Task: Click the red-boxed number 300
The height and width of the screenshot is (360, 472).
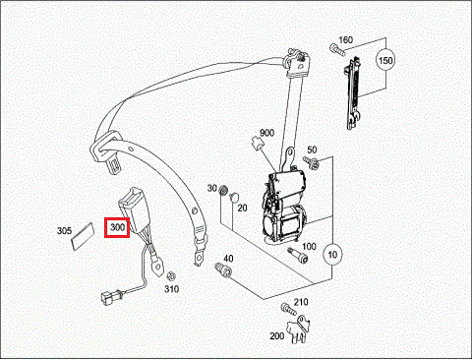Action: pos(117,227)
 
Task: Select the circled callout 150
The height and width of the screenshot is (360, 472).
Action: pos(385,60)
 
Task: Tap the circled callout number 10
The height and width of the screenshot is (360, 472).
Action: pos(332,255)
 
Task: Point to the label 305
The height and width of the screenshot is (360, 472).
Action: pos(64,231)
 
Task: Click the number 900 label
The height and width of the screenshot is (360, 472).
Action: pos(266,133)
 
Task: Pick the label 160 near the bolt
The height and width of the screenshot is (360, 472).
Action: pos(345,40)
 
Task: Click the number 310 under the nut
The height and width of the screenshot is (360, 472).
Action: pos(172,289)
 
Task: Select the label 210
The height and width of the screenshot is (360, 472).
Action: pos(301,302)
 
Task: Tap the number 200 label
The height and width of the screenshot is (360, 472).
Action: pos(277,336)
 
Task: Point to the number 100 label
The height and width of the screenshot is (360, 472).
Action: pos(309,246)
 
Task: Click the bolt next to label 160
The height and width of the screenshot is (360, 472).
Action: pos(337,50)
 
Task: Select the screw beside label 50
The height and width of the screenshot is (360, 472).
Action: pos(310,163)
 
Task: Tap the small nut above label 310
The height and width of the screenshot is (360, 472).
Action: pos(170,276)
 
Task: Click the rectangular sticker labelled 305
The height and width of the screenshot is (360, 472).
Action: pos(83,237)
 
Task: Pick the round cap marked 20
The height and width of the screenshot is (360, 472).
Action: pos(234,197)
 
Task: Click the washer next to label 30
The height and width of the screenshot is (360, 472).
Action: pos(223,191)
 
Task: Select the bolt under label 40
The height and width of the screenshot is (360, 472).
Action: pos(223,270)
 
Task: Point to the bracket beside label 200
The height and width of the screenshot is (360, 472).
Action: pos(299,329)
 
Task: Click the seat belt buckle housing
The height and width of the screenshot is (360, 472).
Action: pos(135,208)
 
